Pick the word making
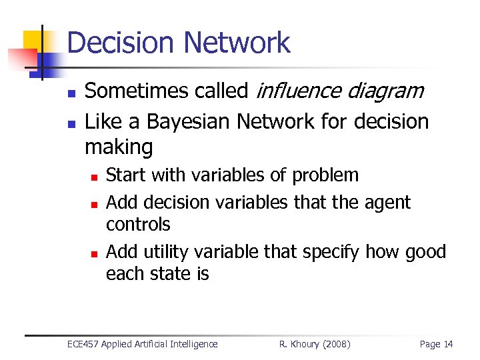point(119,147)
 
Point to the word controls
point(138,225)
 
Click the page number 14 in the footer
point(447,344)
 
